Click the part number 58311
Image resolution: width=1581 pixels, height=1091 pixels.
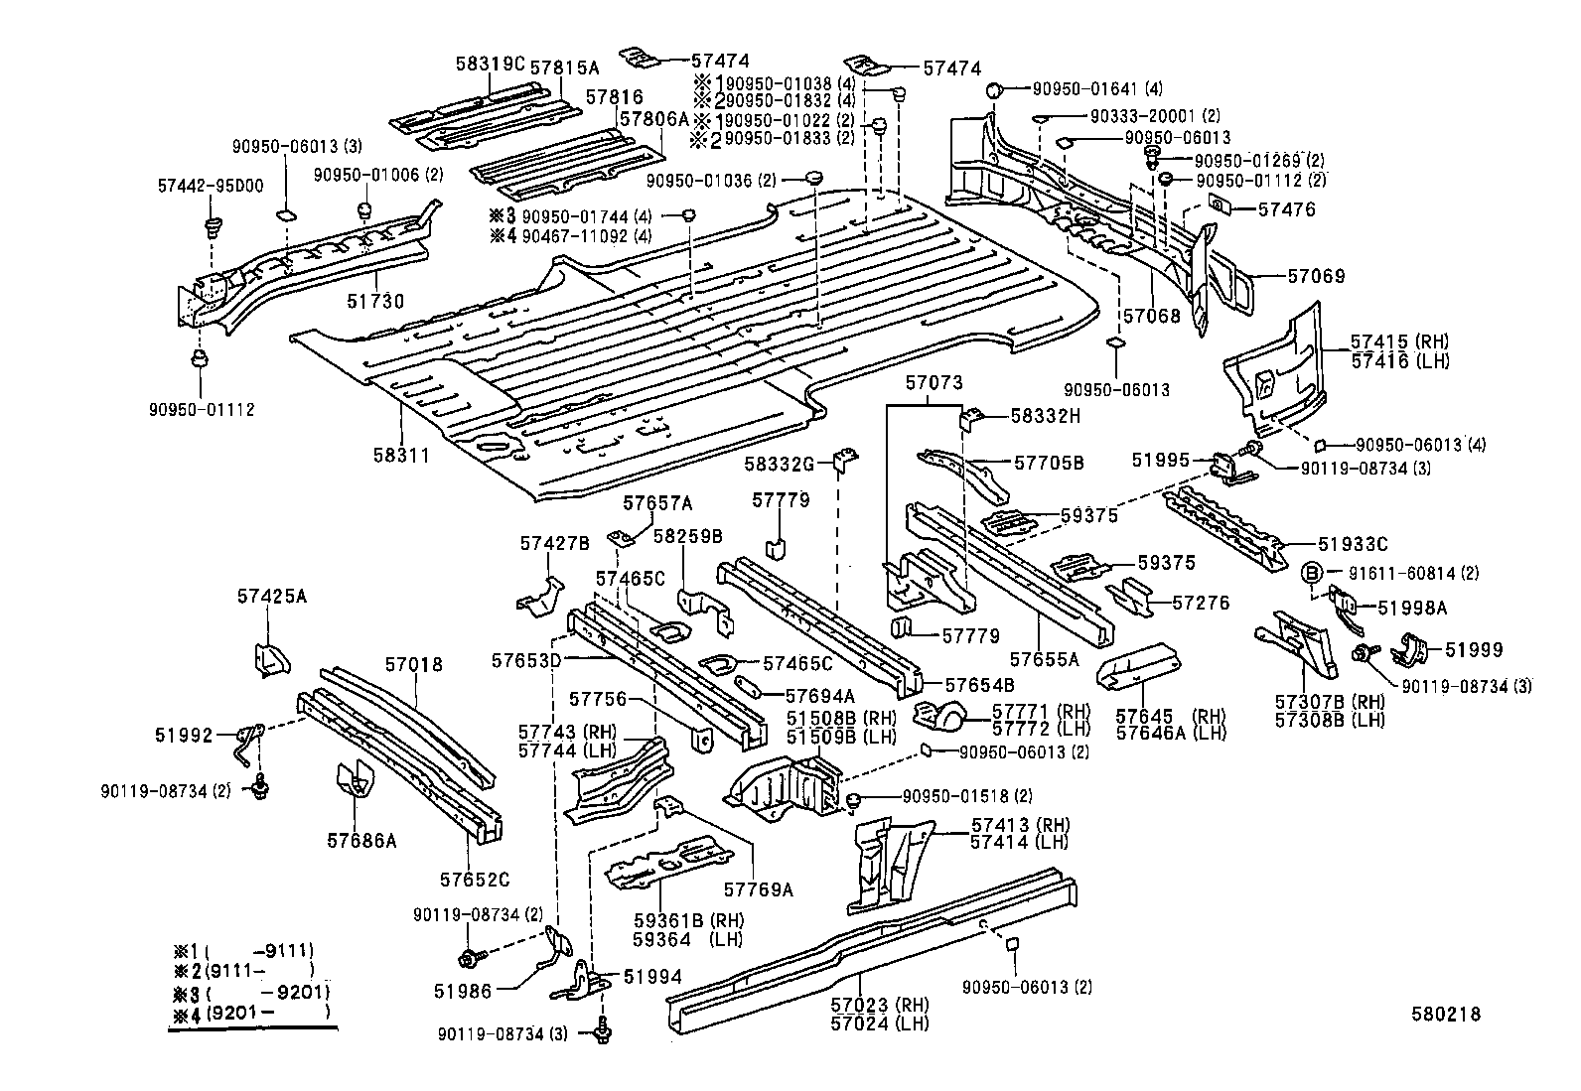tap(401, 456)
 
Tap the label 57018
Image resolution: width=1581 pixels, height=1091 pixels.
tap(414, 664)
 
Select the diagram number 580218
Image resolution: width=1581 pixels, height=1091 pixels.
tap(1447, 1014)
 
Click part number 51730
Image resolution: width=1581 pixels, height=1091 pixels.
tap(374, 301)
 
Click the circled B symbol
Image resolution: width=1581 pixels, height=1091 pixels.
tap(1311, 572)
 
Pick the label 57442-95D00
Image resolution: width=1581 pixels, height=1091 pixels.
tap(211, 186)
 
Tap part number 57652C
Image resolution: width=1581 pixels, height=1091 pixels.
tap(475, 880)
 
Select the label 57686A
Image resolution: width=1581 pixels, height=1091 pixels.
tap(361, 840)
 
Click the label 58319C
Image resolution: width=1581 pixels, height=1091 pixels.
tap(490, 64)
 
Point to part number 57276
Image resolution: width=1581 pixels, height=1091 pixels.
tap(1201, 602)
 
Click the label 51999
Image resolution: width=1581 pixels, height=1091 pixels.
tap(1474, 649)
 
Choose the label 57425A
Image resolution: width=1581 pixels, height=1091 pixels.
tap(272, 596)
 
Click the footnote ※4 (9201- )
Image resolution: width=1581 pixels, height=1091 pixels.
tap(250, 1012)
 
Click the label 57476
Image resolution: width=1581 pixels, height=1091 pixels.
tap(1286, 209)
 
